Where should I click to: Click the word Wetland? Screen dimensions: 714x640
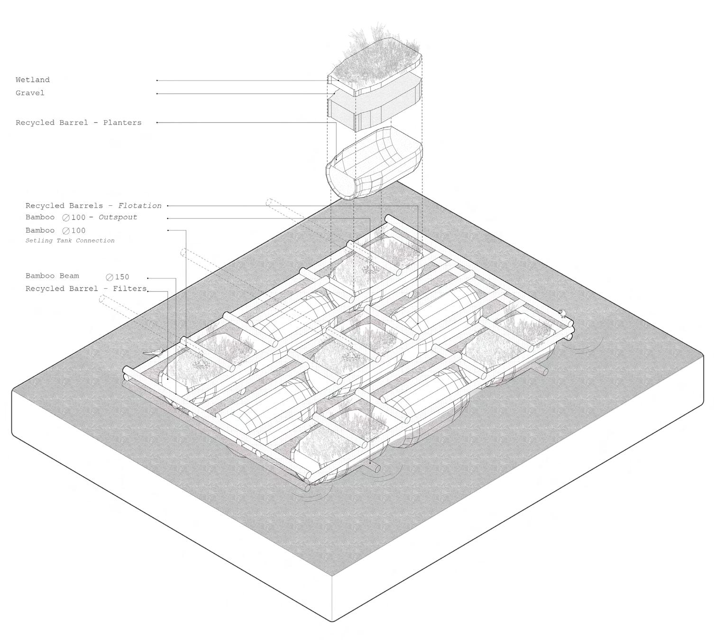pos(32,80)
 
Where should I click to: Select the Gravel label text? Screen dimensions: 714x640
pos(30,93)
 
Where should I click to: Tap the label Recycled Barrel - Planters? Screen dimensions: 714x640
pos(78,123)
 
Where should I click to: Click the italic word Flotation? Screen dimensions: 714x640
pos(140,206)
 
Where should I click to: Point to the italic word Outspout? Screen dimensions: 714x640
pos(118,217)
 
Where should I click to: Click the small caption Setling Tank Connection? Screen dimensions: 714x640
pos(70,240)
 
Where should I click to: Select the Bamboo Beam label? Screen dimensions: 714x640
pos(52,276)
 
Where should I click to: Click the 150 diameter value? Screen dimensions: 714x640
pos(121,277)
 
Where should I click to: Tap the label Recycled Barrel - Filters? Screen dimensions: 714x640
pos(86,289)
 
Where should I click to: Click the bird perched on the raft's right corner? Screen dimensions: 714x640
pos(563,313)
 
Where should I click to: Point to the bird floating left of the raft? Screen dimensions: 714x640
pos(155,352)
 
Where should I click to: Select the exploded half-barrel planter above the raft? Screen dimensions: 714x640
pos(373,164)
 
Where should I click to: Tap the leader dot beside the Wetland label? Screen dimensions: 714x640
pos(157,81)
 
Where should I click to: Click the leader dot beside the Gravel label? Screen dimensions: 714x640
pos(157,94)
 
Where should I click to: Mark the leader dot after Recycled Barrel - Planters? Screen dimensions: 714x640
pos(157,123)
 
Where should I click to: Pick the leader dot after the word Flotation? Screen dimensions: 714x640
pos(167,206)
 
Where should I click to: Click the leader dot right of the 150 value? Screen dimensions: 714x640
pos(148,278)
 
